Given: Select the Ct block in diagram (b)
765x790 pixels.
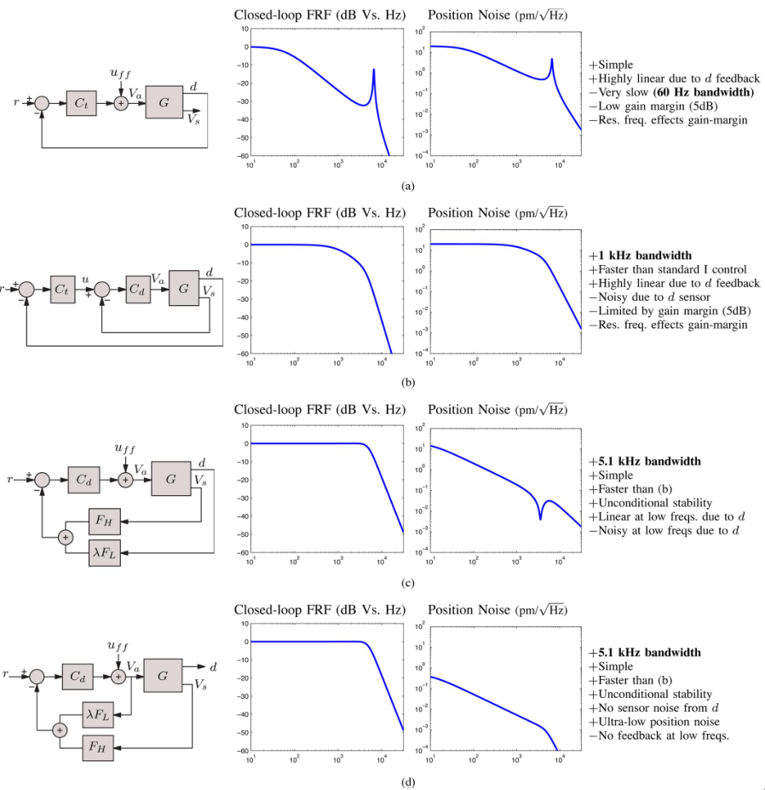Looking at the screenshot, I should pyautogui.click(x=62, y=289).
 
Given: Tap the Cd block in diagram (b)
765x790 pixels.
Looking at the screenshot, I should pyautogui.click(x=137, y=289).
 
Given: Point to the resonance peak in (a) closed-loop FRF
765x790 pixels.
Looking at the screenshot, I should pyautogui.click(x=373, y=71).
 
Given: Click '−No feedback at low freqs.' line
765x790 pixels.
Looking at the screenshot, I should pyautogui.click(x=659, y=736).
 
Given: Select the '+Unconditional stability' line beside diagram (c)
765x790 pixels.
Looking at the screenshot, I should pyautogui.click(x=650, y=503).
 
